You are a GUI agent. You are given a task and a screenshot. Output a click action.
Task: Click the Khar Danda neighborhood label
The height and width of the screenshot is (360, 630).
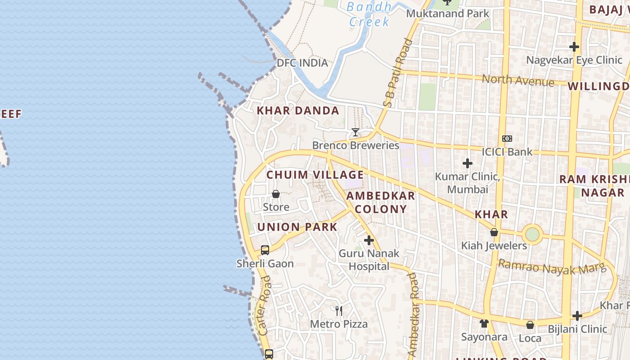pos(297,111)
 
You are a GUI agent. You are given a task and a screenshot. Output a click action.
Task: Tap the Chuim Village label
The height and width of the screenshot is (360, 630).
pos(315,175)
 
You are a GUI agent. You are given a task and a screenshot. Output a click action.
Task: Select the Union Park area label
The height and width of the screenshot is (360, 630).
pos(297,227)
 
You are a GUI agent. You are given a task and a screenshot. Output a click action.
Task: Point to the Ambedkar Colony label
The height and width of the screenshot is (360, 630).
pos(381,202)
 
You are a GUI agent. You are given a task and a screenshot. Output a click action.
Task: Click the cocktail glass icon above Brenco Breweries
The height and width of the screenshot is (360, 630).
pos(355,132)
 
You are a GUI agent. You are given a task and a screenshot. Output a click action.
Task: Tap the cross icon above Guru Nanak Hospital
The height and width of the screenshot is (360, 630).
pos(369,240)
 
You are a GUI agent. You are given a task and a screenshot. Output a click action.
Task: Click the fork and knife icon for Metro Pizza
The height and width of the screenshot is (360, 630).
pos(339,310)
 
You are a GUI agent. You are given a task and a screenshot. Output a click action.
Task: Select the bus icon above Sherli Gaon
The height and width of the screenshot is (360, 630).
pos(265,250)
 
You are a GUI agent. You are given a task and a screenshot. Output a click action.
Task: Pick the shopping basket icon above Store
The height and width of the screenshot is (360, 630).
pos(276,194)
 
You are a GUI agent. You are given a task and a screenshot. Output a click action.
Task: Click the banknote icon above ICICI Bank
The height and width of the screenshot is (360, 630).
pos(507,139)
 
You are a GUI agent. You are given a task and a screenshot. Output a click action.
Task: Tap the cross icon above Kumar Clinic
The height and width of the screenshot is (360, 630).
pos(468,163)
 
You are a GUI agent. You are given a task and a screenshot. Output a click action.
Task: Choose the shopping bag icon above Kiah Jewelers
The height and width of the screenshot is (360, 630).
pos(494,232)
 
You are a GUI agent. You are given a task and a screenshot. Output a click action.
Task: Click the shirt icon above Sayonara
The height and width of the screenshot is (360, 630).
pos(484,323)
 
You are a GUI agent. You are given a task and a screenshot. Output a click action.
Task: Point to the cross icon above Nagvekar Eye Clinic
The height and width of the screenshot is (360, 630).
pos(574,46)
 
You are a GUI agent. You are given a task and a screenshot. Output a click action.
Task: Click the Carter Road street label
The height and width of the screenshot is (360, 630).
pos(265,306)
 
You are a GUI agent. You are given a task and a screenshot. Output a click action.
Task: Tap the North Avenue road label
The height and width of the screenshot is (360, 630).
pos(518,81)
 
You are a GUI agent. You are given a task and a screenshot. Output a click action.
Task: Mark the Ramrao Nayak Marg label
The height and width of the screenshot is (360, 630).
pos(552,267)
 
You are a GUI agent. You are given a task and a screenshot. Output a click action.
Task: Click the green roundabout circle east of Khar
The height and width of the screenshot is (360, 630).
pos(532,234)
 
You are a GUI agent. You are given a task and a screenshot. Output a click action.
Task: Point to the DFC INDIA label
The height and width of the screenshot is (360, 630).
pos(302,63)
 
